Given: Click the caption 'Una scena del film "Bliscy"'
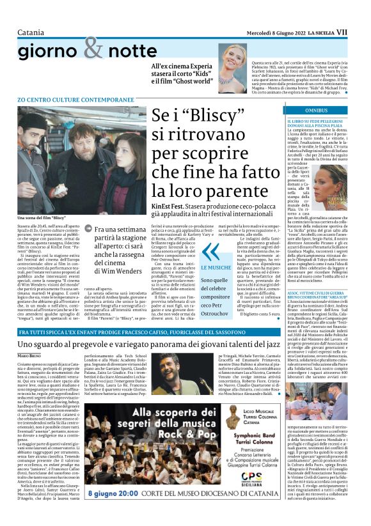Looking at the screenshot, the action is tap(42, 219).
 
